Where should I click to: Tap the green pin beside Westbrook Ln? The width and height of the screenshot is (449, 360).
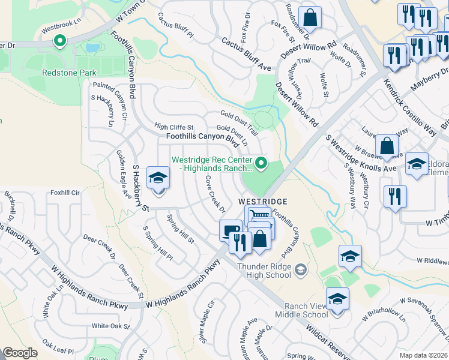[x=59, y=41]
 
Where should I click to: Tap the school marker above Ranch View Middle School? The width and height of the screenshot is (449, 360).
[x=350, y=256]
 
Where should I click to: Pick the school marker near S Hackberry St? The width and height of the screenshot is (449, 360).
[x=158, y=178]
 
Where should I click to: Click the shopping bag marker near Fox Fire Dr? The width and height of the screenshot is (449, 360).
[x=310, y=17]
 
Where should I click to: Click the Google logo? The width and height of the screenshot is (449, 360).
[x=20, y=353]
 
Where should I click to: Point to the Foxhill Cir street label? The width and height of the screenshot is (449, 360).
[x=65, y=193]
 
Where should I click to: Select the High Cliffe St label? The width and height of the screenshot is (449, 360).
[x=174, y=127]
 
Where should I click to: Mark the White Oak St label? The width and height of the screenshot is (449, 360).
[x=111, y=326]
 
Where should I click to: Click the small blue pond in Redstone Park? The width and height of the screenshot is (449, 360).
[x=93, y=47]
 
